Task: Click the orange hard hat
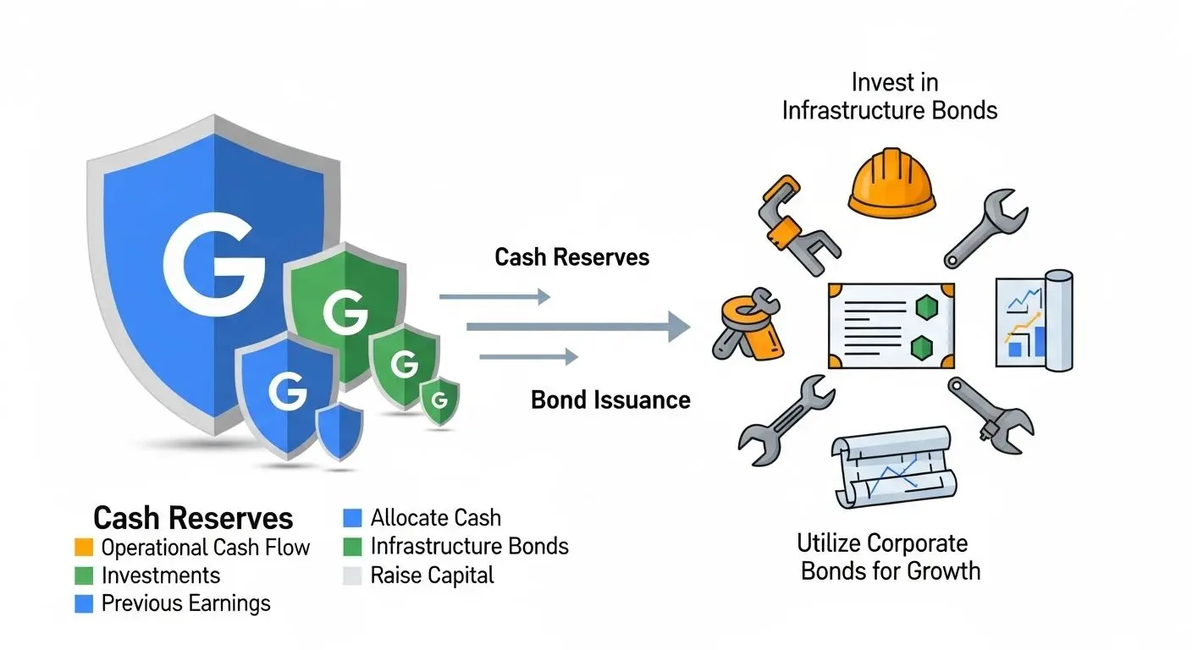891,183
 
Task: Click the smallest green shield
439,399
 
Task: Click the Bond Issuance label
610,399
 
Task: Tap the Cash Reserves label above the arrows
572,257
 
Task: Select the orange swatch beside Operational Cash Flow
83,548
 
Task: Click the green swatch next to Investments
83,576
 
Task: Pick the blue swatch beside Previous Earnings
83,603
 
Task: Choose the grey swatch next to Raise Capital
352,576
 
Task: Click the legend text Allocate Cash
435,518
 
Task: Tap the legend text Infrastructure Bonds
469,547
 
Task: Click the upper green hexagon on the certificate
924,306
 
